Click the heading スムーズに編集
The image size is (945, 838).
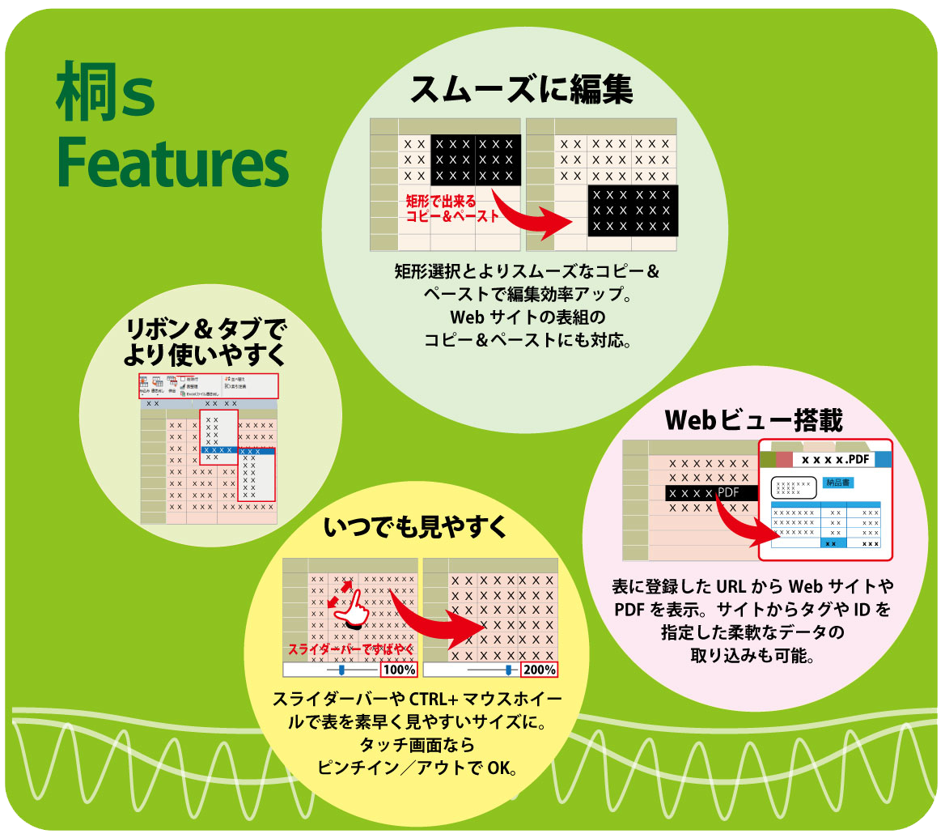tap(522, 90)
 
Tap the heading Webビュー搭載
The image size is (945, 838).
tap(753, 420)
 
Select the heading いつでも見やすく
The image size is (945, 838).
tap(415, 528)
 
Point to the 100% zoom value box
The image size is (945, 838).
tap(398, 670)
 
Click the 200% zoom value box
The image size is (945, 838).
tap(539, 670)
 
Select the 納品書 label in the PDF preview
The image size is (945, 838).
tap(837, 483)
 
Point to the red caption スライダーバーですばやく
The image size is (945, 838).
tap(350, 649)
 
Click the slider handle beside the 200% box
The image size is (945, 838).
tap(509, 670)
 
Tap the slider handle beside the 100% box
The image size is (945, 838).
tap(341, 670)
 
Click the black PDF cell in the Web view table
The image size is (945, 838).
tap(710, 492)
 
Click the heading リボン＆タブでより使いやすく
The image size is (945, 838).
tap(206, 341)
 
